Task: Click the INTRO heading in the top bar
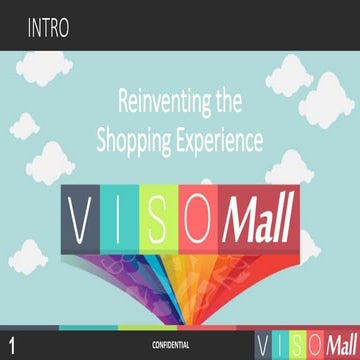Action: tap(49, 27)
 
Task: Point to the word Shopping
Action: tap(138, 141)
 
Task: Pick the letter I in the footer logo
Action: tap(281, 343)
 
